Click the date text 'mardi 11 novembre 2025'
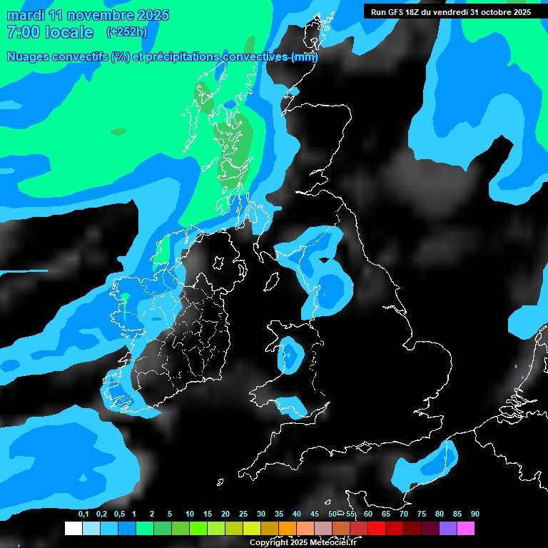click(88, 15)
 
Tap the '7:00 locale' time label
click(49, 32)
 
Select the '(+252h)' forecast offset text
click(126, 32)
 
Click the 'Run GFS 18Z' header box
click(450, 12)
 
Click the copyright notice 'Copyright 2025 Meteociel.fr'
click(303, 543)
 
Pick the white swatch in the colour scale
click(73, 529)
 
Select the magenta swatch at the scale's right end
click(466, 529)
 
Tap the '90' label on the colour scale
click(475, 514)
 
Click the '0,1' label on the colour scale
click(83, 514)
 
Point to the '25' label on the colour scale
click(243, 514)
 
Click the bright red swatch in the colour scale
click(377, 529)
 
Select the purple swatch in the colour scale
click(448, 529)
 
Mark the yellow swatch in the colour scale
click(251, 529)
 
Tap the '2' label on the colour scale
click(152, 514)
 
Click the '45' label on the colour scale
click(315, 514)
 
